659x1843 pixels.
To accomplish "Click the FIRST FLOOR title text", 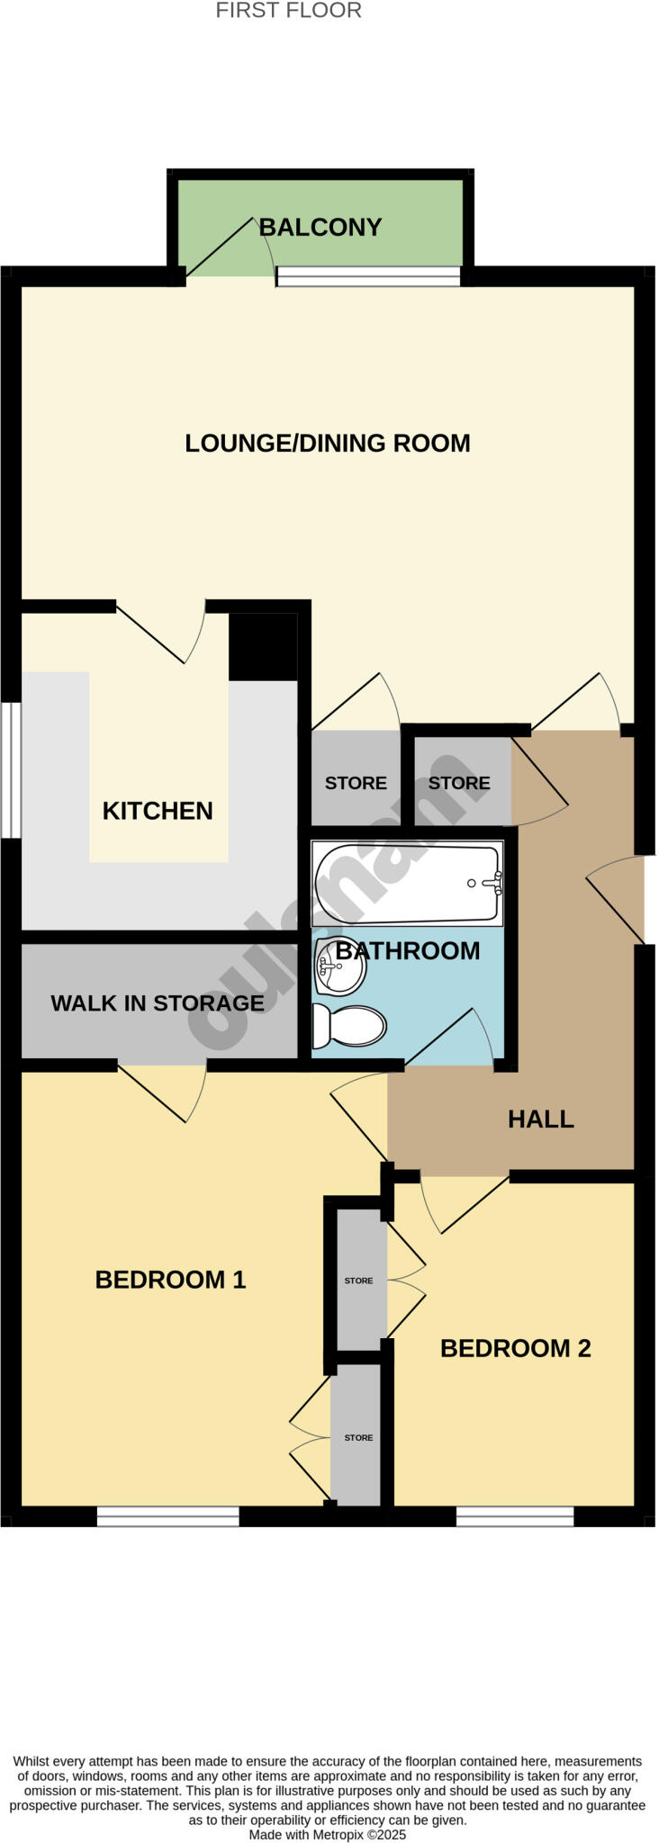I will point(288,11).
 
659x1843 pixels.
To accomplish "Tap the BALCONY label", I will point(320,227).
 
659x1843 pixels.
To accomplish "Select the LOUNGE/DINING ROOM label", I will point(328,443).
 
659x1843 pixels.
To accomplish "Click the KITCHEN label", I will point(158,811).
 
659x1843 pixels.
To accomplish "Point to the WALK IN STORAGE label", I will point(158,1003).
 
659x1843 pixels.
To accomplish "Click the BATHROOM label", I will point(408,950).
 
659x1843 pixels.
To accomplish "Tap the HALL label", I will point(540,1119).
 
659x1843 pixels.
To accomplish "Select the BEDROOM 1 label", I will point(170,1279).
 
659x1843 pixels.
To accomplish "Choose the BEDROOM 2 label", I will point(515,1348).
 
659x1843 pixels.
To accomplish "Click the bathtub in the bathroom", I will point(407,884).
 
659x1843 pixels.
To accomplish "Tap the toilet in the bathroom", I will point(349,1025).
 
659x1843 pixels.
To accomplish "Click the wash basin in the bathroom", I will point(339,966).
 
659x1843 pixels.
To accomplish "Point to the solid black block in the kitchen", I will point(262,647).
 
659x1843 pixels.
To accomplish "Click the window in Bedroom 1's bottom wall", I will point(167,1516).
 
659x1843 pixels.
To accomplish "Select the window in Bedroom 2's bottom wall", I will point(514,1516).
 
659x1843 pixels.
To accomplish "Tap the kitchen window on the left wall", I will point(11,769).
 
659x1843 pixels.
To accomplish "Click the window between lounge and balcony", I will point(368,276).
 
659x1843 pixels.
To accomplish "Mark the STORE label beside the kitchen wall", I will point(356,783).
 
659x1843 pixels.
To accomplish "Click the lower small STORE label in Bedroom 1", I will point(358,1437).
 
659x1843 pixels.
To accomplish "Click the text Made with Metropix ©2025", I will point(328,1834).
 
